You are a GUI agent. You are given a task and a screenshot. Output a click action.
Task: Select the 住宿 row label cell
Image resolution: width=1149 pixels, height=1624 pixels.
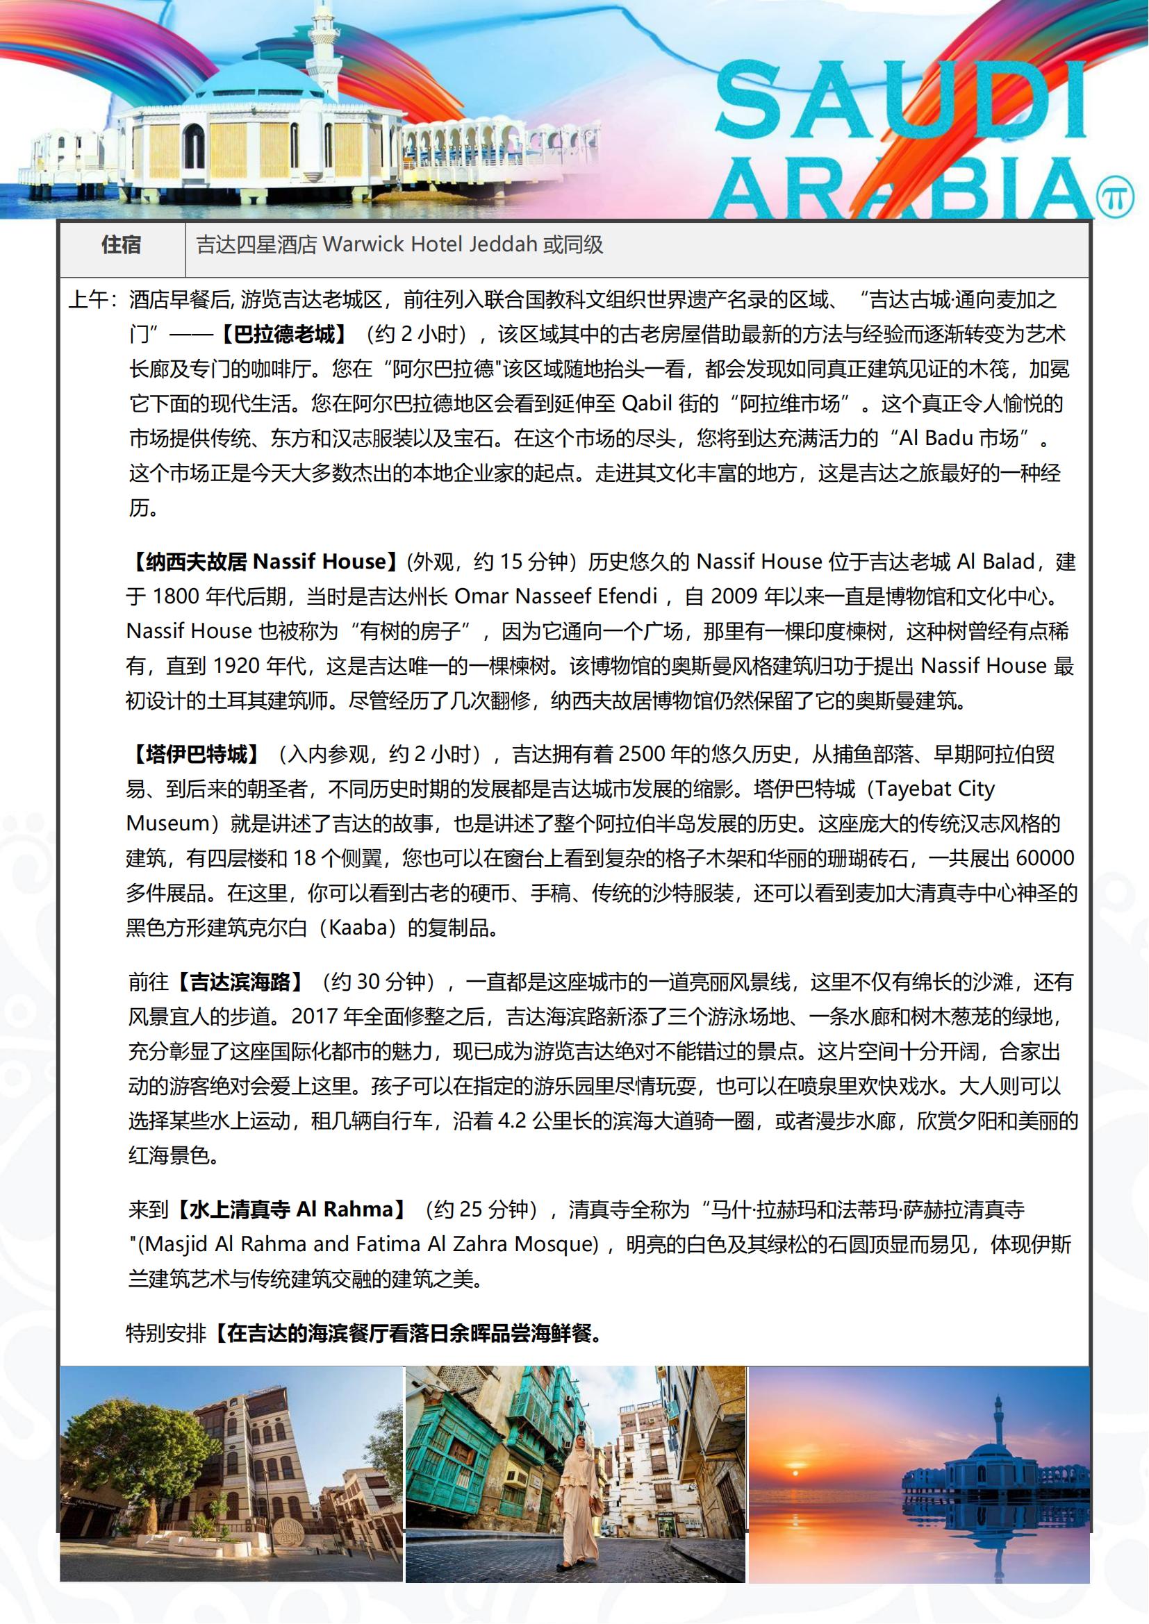pos(122,245)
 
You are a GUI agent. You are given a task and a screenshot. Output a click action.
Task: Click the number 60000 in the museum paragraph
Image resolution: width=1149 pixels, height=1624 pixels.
pos(1044,859)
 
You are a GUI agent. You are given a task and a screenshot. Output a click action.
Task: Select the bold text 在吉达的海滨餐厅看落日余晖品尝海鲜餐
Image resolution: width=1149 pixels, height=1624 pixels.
pos(408,1333)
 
